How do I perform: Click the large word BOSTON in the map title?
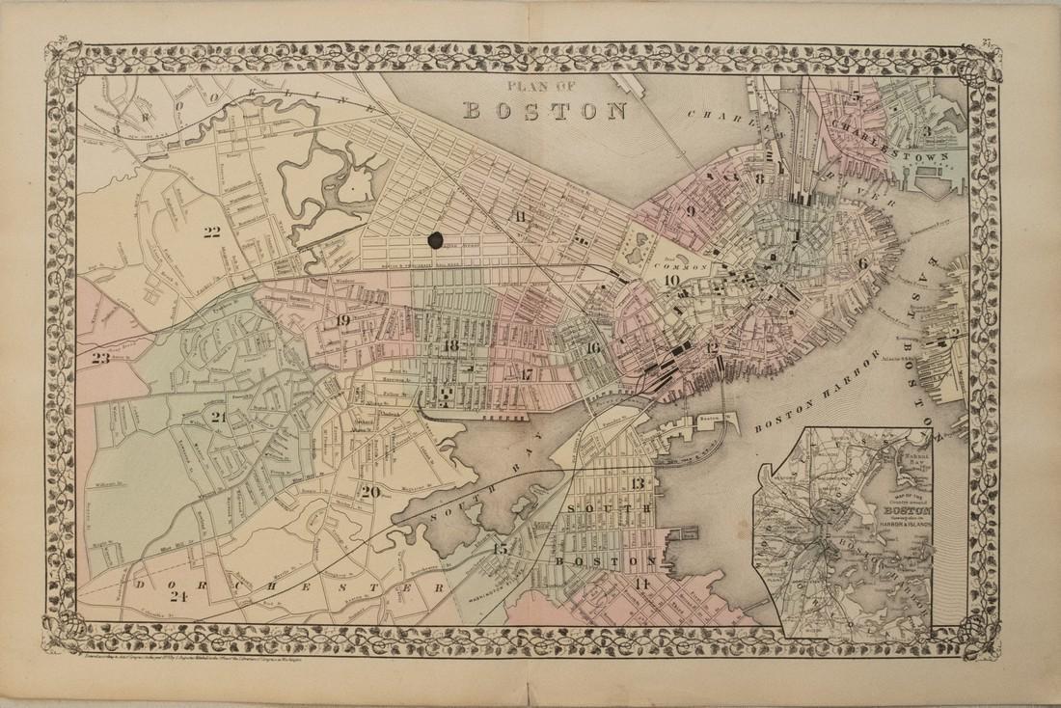tap(546, 109)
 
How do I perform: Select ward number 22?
tap(212, 230)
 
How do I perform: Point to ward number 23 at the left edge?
tap(100, 357)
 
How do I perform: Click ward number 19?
tap(342, 321)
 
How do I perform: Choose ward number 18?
tap(450, 345)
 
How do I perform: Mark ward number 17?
tap(526, 373)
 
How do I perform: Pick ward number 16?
tap(592, 347)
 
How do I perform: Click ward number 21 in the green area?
tap(218, 416)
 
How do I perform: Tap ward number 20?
tap(369, 492)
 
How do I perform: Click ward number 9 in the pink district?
tap(691, 210)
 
